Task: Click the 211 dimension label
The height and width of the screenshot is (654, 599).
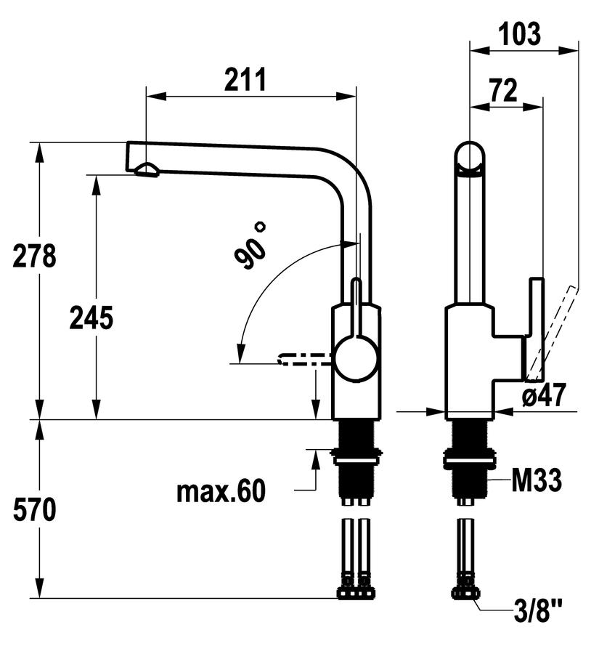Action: (245, 79)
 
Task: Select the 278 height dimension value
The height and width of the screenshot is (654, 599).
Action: (34, 256)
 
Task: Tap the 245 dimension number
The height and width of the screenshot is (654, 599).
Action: (91, 318)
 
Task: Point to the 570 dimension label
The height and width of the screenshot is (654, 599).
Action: (34, 509)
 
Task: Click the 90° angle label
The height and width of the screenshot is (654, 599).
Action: (250, 246)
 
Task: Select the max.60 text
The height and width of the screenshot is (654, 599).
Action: (221, 491)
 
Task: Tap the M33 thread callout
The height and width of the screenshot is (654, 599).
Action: (537, 480)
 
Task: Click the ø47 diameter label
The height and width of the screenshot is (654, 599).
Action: (544, 395)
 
